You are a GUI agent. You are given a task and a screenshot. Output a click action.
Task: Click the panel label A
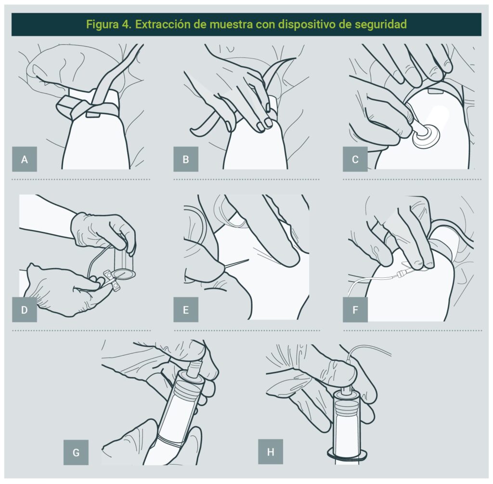25,159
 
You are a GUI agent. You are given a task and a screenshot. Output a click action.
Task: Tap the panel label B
186,159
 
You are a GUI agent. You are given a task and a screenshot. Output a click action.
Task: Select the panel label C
355,159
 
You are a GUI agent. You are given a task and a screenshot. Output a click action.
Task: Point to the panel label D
25,310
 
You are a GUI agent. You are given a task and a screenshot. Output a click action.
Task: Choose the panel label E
186,310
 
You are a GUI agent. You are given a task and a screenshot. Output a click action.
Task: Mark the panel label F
355,310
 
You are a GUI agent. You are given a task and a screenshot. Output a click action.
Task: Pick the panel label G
76,453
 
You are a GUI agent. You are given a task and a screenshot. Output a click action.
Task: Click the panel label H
271,452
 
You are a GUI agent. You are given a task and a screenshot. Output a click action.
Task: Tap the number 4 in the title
125,24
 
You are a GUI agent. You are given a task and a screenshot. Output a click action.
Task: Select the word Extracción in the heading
163,24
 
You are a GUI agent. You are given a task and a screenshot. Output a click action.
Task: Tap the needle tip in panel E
249,260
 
